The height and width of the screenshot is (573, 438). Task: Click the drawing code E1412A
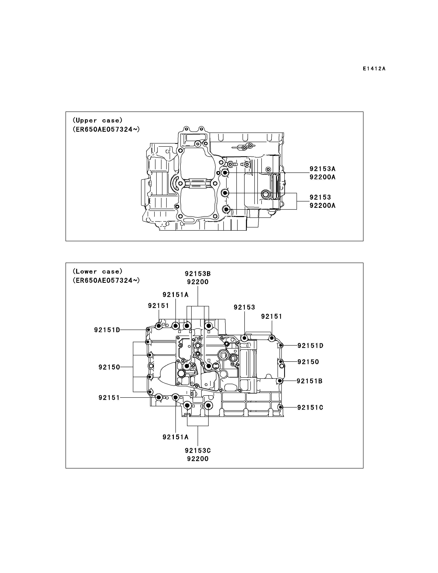[374, 69]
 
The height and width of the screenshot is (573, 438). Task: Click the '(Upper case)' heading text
[98, 120]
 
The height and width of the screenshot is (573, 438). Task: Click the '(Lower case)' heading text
[98, 271]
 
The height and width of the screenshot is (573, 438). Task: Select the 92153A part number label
[323, 169]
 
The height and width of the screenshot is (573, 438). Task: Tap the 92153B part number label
[198, 274]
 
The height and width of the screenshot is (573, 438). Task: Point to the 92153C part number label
[198, 450]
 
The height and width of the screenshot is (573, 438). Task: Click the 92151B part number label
[310, 381]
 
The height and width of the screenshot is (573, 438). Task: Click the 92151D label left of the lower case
[107, 330]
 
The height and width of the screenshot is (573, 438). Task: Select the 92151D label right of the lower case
[311, 346]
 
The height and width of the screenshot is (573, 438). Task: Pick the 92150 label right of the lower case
[308, 362]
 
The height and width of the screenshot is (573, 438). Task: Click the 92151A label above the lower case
[175, 294]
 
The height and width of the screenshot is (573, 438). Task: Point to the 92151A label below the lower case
[175, 437]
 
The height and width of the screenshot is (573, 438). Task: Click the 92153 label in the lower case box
[244, 307]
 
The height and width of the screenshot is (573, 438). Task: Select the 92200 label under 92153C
[198, 459]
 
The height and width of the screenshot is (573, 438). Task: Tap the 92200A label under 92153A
[323, 177]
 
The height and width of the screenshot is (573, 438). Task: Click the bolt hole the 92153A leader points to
[226, 173]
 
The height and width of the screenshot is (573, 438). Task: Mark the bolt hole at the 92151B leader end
[280, 381]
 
